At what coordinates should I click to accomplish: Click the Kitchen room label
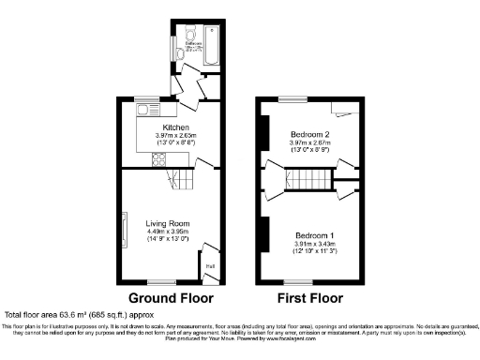176,127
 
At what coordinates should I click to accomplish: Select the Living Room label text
168,224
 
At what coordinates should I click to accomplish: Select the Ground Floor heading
168,298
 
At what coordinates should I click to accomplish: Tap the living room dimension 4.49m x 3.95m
168,234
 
